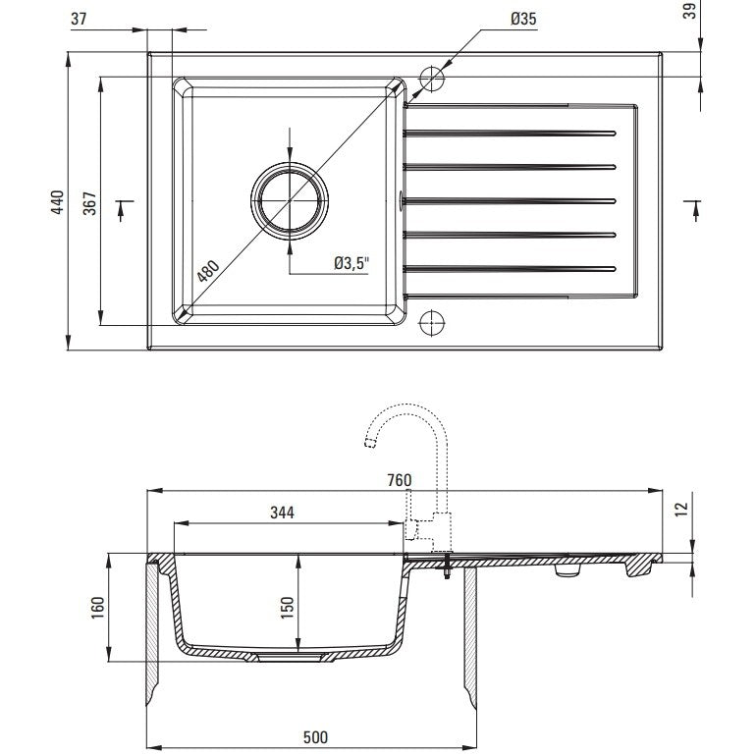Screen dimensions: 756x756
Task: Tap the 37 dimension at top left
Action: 81,19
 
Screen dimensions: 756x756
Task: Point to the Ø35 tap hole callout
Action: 523,19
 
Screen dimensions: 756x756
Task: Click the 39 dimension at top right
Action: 689,12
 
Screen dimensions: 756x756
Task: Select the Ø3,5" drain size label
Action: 350,262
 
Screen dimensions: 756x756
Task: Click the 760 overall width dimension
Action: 400,480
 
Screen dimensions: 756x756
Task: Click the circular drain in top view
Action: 290,199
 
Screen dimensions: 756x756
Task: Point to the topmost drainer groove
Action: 511,130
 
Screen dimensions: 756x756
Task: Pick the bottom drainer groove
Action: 511,267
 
